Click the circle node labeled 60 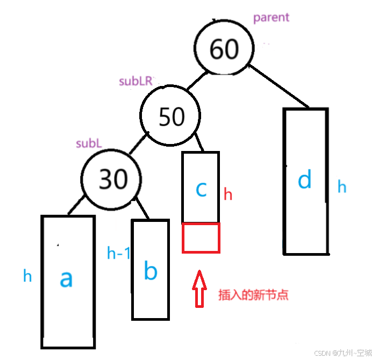tap(223, 49)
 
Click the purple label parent tap(271, 17)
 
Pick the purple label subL tap(89, 143)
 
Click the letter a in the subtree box tap(66, 278)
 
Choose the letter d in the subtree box tap(304, 181)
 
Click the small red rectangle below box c tap(201, 237)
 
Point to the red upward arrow tap(199, 289)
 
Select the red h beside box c tap(228, 194)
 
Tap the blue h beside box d tap(342, 187)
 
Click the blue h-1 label tap(118, 253)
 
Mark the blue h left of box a tap(27, 276)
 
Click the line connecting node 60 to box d tap(279, 86)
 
